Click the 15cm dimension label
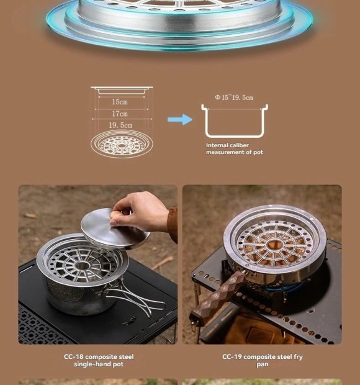[120, 102]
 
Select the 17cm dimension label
[120, 114]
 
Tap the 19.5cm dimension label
[120, 125]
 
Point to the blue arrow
[180, 120]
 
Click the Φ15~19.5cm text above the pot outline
[234, 97]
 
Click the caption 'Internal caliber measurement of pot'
[235, 149]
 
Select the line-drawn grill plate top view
[122, 144]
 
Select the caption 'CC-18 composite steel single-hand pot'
[99, 360]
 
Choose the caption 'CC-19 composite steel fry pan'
[263, 360]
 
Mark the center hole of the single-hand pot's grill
[82, 265]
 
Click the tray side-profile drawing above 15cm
[122, 90]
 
